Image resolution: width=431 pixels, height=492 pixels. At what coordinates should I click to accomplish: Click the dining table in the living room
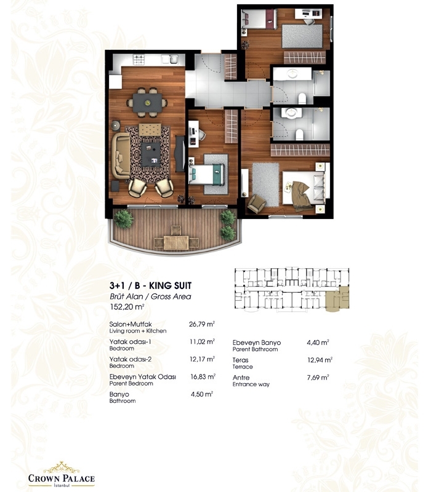click(x=147, y=103)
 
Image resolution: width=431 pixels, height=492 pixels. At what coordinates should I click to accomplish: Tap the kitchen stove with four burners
click(x=139, y=60)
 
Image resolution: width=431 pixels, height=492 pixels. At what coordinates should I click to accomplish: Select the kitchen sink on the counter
click(x=170, y=59)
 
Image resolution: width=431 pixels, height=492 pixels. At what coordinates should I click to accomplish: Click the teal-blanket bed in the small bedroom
click(x=206, y=175)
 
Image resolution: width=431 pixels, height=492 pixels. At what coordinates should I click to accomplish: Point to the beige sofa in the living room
click(x=121, y=156)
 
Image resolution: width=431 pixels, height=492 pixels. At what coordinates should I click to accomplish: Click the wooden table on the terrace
click(x=176, y=242)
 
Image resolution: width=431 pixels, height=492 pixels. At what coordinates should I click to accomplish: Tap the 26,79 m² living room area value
click(x=202, y=324)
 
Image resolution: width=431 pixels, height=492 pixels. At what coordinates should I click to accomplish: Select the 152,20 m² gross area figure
click(x=127, y=307)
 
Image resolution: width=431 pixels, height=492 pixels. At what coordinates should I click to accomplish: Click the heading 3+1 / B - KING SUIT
click(x=150, y=285)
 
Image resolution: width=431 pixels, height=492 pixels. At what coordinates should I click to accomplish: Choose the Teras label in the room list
click(x=240, y=360)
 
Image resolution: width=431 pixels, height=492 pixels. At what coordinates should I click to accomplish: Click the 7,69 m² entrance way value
click(x=318, y=378)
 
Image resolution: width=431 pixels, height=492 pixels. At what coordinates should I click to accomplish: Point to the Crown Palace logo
click(x=61, y=474)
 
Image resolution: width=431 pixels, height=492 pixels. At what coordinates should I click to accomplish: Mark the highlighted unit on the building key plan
click(x=337, y=299)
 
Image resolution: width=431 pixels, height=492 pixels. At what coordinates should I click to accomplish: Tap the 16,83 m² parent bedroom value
click(x=203, y=376)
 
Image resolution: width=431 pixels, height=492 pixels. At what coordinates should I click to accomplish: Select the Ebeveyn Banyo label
click(x=257, y=343)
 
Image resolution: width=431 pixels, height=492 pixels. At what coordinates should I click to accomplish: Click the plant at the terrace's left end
click(x=123, y=218)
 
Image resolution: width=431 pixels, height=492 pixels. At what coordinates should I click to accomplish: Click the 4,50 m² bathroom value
click(x=202, y=394)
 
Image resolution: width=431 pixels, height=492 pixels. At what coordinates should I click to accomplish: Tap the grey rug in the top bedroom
click(x=302, y=36)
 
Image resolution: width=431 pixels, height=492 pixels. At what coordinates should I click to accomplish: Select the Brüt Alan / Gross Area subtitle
click(x=150, y=296)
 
